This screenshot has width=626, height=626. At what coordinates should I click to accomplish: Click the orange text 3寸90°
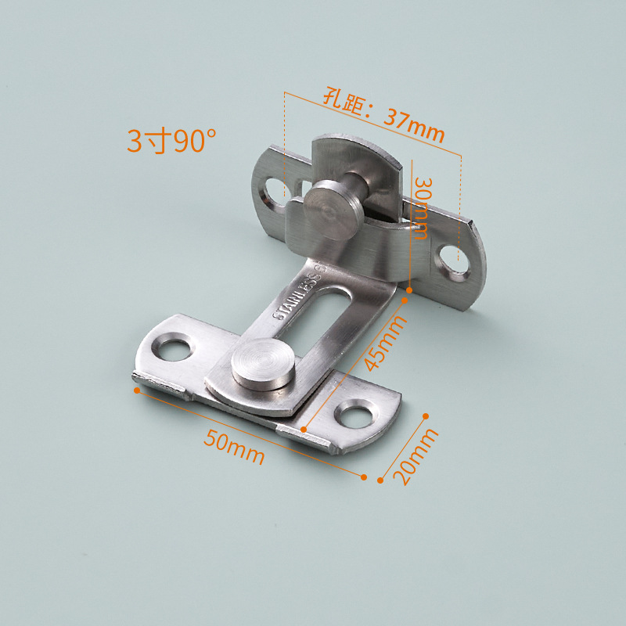point(171,141)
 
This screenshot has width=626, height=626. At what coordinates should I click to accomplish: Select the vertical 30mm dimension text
point(423,207)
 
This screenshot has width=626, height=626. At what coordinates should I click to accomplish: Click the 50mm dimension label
point(234,447)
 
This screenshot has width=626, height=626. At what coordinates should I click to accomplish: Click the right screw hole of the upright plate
point(453,262)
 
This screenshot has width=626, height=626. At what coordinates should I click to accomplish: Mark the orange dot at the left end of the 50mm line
point(136,387)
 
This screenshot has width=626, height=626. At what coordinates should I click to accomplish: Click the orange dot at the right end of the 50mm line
point(364,476)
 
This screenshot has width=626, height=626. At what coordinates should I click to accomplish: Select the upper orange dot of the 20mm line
point(426,416)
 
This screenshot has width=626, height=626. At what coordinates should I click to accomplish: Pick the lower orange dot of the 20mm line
point(380,480)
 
